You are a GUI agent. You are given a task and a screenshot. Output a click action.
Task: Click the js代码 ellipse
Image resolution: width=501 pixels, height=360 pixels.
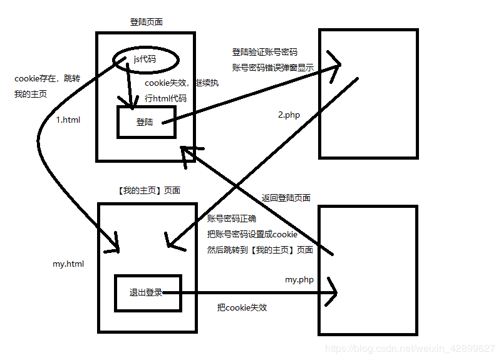click(x=145, y=59)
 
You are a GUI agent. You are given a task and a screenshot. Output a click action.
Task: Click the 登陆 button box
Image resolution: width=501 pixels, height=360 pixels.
click(x=146, y=122)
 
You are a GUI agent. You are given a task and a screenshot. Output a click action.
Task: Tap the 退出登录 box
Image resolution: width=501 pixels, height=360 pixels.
click(x=147, y=292)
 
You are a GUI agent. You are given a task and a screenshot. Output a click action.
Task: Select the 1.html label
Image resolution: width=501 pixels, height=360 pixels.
click(x=68, y=120)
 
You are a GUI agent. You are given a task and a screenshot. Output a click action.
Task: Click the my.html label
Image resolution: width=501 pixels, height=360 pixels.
click(x=68, y=264)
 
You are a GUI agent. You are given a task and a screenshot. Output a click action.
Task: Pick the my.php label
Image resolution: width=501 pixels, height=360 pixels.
click(x=299, y=280)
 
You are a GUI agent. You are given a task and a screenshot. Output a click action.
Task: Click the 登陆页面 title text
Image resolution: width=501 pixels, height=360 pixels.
click(x=147, y=22)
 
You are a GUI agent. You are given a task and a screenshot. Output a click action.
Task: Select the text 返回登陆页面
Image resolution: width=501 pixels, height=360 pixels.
click(x=286, y=198)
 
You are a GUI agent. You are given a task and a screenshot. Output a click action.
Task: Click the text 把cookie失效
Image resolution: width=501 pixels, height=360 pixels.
click(x=242, y=307)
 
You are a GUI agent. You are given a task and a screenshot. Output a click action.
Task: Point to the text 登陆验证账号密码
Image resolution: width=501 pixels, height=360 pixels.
click(x=264, y=52)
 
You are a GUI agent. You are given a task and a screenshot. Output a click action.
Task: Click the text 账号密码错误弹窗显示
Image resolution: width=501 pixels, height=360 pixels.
click(x=272, y=68)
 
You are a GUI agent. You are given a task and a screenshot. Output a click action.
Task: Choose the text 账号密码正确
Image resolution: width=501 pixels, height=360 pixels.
click(x=232, y=219)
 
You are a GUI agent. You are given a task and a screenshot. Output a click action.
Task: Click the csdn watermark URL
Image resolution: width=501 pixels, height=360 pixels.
click(x=411, y=347)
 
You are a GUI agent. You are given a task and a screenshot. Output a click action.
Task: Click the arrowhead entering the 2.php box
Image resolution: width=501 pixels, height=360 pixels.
click(x=335, y=64)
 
